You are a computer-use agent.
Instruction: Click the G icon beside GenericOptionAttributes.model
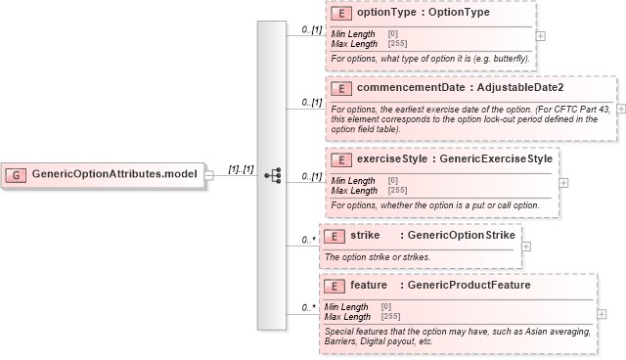click(16, 174)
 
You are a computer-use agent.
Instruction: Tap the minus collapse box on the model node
click(208, 174)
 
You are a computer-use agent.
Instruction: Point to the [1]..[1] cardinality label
click(242, 169)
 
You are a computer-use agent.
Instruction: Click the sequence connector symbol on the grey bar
click(273, 175)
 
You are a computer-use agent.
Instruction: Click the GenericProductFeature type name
click(469, 286)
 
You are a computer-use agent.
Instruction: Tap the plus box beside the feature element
click(602, 314)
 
